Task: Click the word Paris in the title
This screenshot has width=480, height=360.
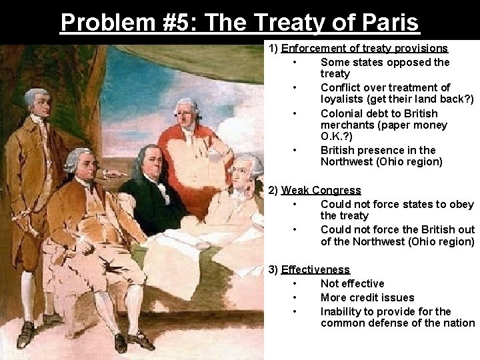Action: click(x=386, y=22)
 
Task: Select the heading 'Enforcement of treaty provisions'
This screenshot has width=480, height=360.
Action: click(x=365, y=49)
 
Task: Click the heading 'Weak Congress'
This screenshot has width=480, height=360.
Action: click(x=321, y=191)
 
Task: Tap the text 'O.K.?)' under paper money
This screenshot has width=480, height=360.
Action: click(x=337, y=137)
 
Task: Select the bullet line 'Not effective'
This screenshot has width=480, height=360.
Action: click(x=352, y=283)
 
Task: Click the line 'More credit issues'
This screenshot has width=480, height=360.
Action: click(x=367, y=297)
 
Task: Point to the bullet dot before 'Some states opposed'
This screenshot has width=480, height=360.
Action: click(x=294, y=63)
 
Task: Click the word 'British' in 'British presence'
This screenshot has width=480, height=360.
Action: click(x=339, y=150)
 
